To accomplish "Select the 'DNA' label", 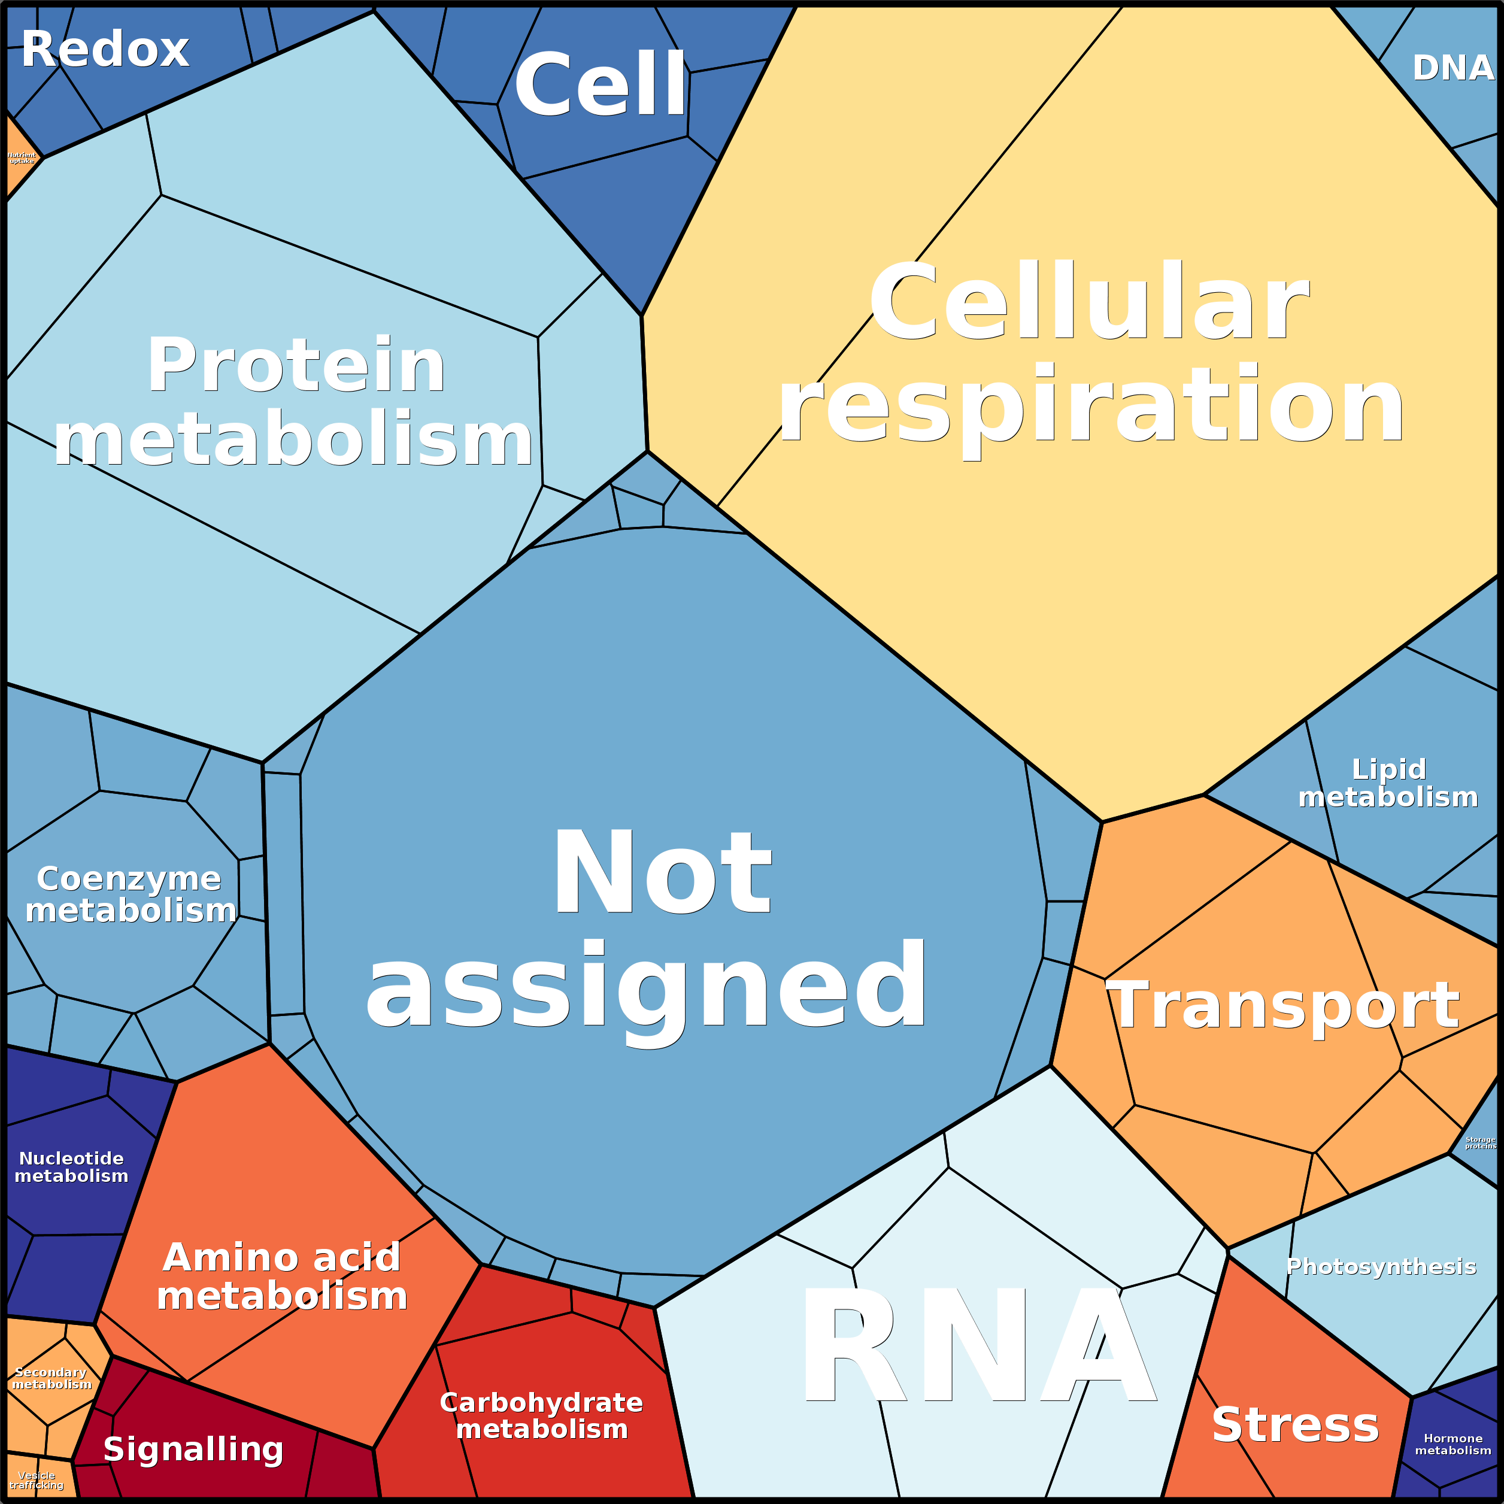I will [1453, 68].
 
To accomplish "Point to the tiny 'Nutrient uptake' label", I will [22, 158].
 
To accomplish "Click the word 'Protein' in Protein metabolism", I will [296, 366].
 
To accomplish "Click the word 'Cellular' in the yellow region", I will [1090, 302].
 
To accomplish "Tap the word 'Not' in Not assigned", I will [662, 874].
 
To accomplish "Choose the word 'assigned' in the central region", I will [646, 987].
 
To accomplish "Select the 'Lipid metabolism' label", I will [1388, 783].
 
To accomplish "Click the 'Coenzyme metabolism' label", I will [130, 895].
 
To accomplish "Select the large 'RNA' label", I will [977, 1347].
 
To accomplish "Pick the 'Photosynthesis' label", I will [1380, 1266].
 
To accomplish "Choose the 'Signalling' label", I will [193, 1450].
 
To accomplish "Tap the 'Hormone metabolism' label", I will [1453, 1444].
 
